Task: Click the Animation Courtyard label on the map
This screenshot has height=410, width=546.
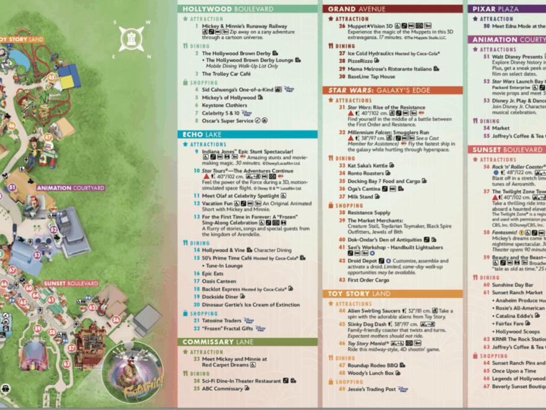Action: (x=62, y=188)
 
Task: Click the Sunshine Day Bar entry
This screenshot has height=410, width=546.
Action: (x=512, y=285)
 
